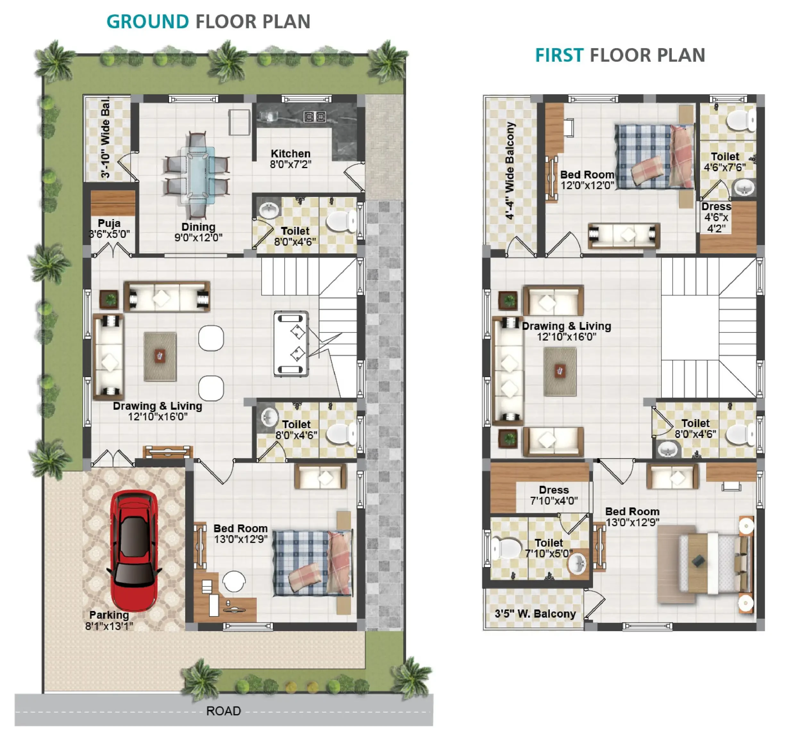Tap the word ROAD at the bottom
[x=223, y=711]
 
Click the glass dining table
[x=197, y=175]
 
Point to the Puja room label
[x=109, y=229]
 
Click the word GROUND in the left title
[x=148, y=22]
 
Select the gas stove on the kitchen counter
[x=315, y=117]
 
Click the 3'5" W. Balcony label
[x=535, y=614]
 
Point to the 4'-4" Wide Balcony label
[x=510, y=170]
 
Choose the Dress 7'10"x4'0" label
[x=554, y=495]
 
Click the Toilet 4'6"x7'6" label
[x=725, y=162]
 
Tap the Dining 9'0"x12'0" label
[x=198, y=232]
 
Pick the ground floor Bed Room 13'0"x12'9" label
[x=241, y=533]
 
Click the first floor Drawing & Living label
[x=566, y=331]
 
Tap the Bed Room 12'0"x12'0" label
[x=588, y=180]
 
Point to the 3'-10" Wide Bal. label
[x=105, y=137]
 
